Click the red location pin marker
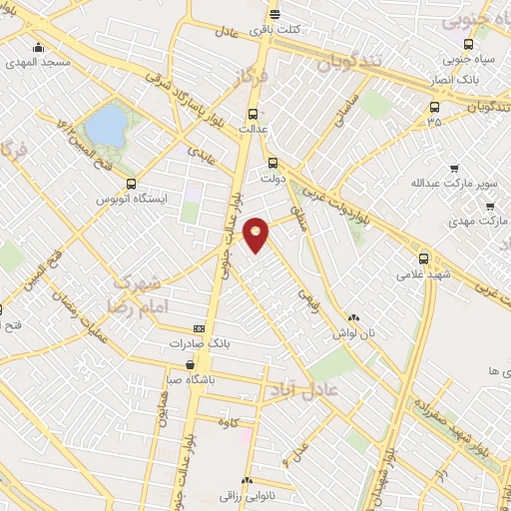[256, 234]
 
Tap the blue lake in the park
[107, 125]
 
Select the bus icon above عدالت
[252, 113]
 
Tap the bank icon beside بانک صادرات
[199, 328]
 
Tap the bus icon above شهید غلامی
[424, 256]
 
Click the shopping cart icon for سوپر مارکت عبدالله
[454, 169]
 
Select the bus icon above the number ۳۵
[433, 106]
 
